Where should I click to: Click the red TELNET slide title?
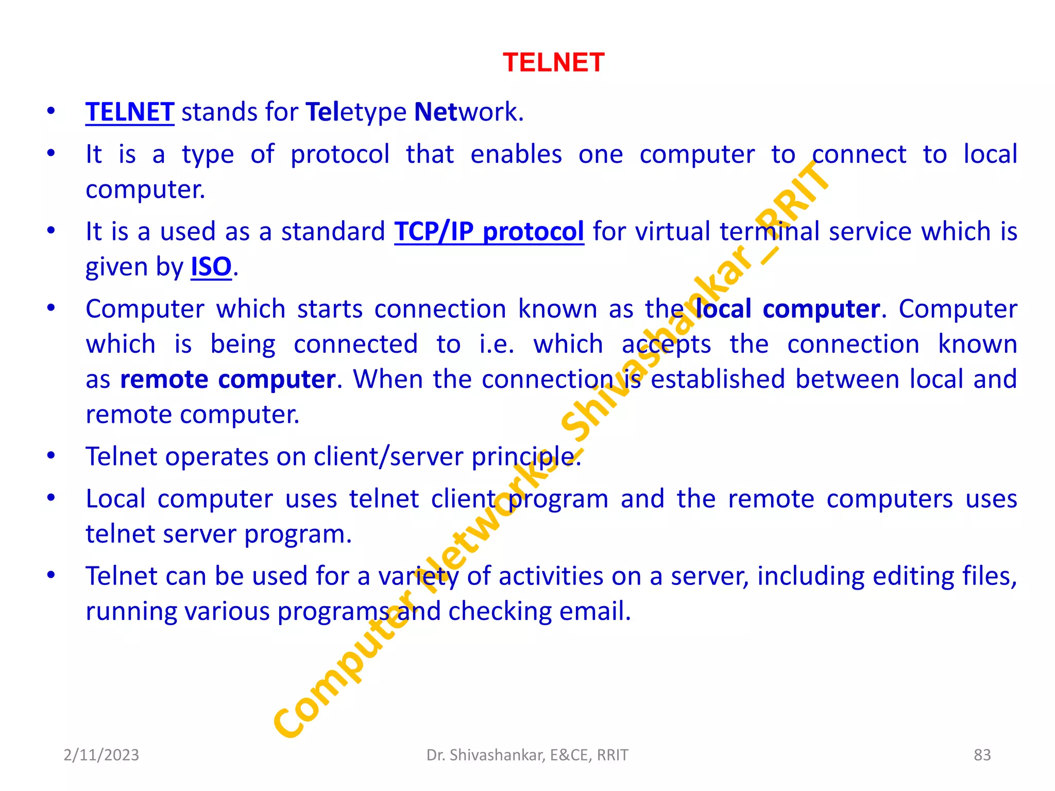coord(553,63)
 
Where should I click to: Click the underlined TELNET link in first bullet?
coord(130,112)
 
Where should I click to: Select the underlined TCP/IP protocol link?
coord(489,232)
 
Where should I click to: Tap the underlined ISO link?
coord(211,267)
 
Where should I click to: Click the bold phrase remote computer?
coord(228,380)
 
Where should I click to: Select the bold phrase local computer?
coord(787,309)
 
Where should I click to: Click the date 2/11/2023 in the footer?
coord(101,755)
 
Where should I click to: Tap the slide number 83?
coord(982,755)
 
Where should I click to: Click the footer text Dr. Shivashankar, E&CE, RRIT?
coord(527,755)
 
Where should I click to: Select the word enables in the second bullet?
coord(516,154)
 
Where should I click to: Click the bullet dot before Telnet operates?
coord(51,456)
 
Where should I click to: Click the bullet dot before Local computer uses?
coord(51,498)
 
